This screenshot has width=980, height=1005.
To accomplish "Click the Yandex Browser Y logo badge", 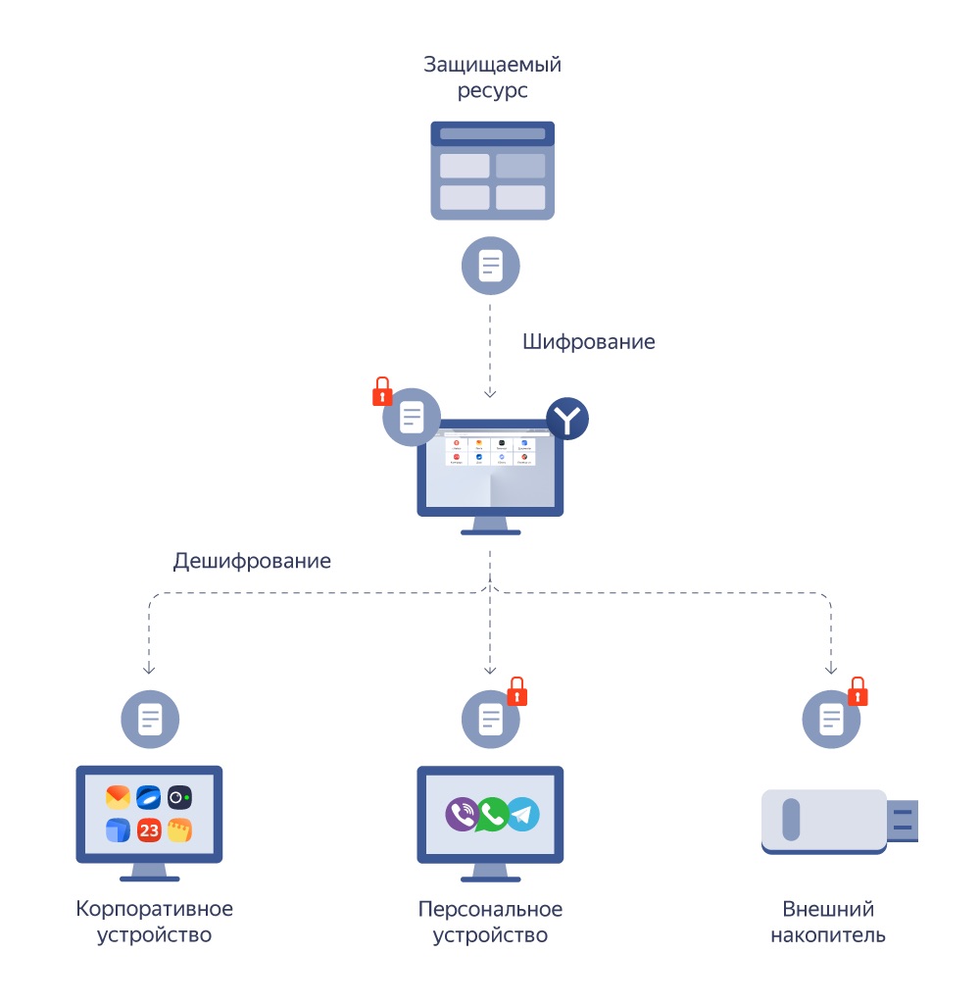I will point(567,419).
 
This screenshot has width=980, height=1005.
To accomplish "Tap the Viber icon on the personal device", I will point(462,815).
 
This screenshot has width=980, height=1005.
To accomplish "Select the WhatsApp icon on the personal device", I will point(493,814).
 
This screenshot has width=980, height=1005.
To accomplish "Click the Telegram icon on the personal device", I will point(523,815).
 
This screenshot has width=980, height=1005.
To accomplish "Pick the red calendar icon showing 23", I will point(149,830).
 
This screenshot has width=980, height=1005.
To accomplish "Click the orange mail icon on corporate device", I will point(118,797).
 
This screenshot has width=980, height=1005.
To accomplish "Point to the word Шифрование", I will point(588,342).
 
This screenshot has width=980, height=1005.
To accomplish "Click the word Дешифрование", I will point(252,561).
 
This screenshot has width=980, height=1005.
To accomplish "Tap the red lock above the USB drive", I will point(857,691).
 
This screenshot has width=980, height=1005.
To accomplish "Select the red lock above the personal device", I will point(516,691).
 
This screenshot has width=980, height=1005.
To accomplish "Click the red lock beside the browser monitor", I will point(382,392).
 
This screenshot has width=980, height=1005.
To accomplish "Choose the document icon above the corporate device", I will point(150,720).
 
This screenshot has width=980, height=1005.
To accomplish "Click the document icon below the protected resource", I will point(490,266).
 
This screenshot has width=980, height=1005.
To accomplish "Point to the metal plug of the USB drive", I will point(903,821).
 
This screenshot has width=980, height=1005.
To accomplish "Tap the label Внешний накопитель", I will point(828,922).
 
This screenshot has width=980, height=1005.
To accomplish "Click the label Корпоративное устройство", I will point(155,922).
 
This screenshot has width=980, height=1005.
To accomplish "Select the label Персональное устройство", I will point(490,922).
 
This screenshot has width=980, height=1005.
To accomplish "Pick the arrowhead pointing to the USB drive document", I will point(831,670).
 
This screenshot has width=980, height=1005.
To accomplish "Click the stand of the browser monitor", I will point(490,526).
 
